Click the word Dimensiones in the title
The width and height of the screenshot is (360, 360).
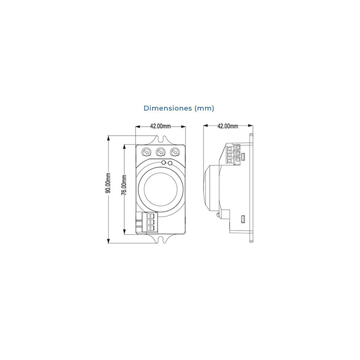(x=168, y=108)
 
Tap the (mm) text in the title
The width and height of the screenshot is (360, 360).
(x=204, y=108)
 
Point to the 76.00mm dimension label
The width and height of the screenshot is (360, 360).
(x=124, y=185)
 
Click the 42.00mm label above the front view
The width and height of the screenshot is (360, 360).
(x=160, y=126)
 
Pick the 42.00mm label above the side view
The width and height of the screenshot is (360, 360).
(x=228, y=126)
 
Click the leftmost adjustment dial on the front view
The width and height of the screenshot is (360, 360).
(x=146, y=152)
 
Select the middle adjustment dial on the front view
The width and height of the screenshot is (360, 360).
(x=161, y=152)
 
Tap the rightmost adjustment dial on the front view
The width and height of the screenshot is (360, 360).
(x=175, y=152)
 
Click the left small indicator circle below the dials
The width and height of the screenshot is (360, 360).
(x=163, y=163)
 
